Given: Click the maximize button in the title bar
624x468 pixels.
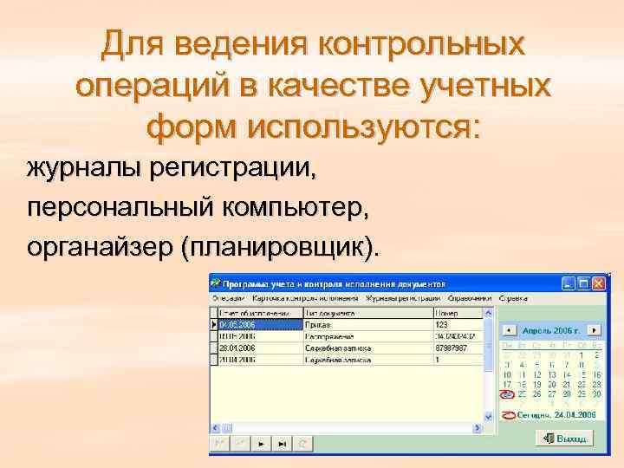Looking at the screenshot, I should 582,283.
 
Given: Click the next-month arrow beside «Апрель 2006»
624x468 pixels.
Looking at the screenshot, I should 594,330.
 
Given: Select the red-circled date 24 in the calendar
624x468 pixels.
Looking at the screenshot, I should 508,394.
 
